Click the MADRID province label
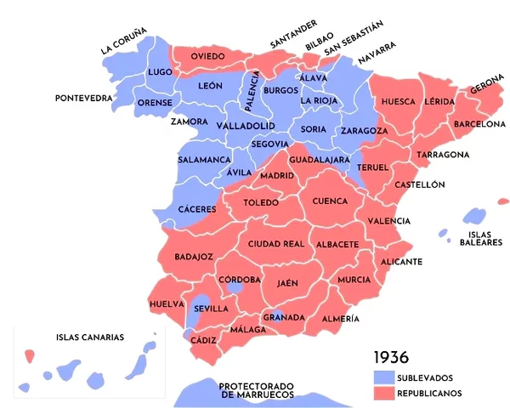(x=277, y=175)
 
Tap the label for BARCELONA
(x=479, y=124)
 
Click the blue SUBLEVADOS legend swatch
(x=384, y=377)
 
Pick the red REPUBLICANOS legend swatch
(x=384, y=393)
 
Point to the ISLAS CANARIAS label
(x=90, y=337)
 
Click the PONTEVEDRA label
(x=84, y=99)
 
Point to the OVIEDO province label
(x=207, y=56)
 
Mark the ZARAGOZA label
(x=364, y=131)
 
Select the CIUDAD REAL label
(x=276, y=244)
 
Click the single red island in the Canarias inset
(x=29, y=354)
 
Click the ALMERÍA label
(x=340, y=319)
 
